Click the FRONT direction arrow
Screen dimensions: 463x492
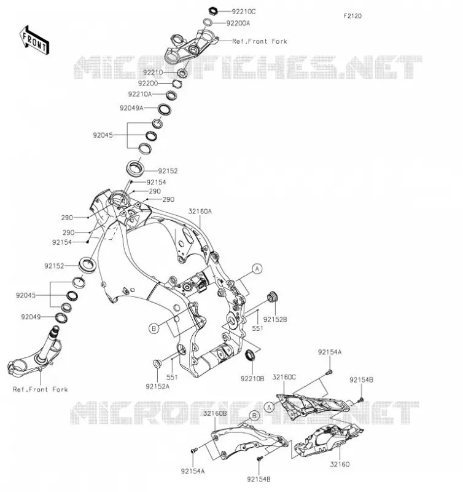coord(34,40)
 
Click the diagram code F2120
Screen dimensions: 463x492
coord(352,16)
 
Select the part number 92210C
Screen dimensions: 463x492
coord(243,12)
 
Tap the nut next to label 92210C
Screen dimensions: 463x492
coord(213,11)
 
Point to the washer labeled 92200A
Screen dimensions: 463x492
coord(208,22)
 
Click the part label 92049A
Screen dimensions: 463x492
coord(131,108)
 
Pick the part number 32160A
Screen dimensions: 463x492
coord(200,212)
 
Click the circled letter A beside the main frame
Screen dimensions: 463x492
coord(257,269)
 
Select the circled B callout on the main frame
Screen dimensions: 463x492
coord(154,328)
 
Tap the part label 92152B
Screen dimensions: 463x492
coord(275,319)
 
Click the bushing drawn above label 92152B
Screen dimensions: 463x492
coord(272,296)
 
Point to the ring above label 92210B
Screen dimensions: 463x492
coord(250,354)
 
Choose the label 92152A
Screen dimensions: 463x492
coord(157,387)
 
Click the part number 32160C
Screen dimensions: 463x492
coord(284,377)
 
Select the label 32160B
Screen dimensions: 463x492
coord(215,413)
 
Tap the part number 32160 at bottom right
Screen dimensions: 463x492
coord(340,464)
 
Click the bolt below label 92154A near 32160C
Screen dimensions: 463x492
coord(329,373)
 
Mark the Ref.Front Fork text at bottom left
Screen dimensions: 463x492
coord(40,389)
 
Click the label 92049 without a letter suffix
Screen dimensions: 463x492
coord(31,317)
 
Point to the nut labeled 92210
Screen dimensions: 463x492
coord(182,73)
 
